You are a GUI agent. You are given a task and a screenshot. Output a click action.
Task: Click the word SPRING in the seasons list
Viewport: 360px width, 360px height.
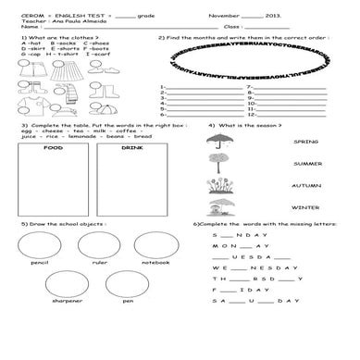click(x=305, y=143)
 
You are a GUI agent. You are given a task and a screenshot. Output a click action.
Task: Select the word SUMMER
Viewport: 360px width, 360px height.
click(x=305, y=164)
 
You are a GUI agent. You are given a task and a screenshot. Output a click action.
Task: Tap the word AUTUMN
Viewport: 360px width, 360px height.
click(x=305, y=185)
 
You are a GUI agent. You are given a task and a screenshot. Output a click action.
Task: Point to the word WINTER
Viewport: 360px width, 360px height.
click(x=305, y=207)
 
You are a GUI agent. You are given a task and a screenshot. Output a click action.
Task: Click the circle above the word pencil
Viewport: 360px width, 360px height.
click(x=39, y=245)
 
